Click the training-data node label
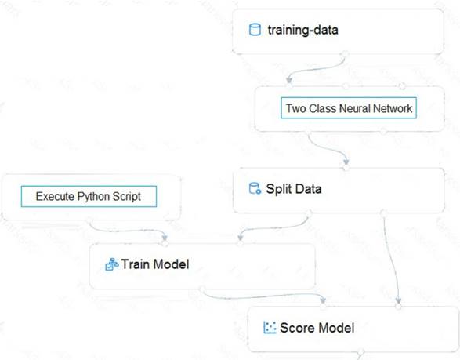pos(302,31)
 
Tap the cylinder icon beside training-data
pos(255,30)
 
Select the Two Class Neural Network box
pos(349,108)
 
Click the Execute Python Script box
pos(89,196)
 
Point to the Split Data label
pos(294,189)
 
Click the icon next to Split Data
pos(255,188)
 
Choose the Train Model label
pos(155,264)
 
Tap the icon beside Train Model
pos(112,264)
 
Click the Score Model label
pos(317,328)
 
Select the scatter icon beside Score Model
pos(270,328)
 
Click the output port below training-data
pos(346,54)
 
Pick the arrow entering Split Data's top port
pos(328,149)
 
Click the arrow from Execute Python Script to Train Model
pos(126,231)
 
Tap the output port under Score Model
pos(360,352)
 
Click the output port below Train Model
pos(202,289)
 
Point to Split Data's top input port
pos(346,168)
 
